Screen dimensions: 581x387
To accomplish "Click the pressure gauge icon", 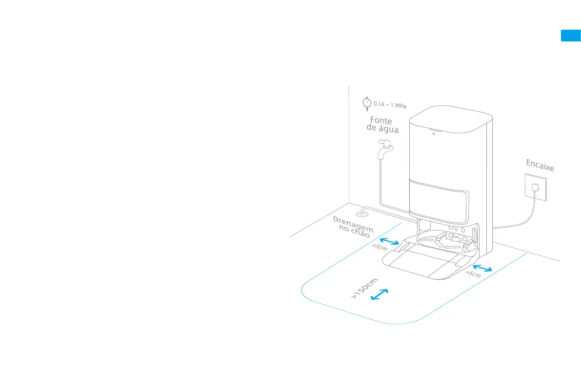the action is point(366,103).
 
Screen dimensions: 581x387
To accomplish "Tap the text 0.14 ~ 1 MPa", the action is point(389,104).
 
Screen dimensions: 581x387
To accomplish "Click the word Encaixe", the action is point(540,165).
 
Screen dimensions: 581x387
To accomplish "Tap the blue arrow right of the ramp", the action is point(482,268).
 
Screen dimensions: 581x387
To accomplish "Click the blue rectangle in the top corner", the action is point(570,36).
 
